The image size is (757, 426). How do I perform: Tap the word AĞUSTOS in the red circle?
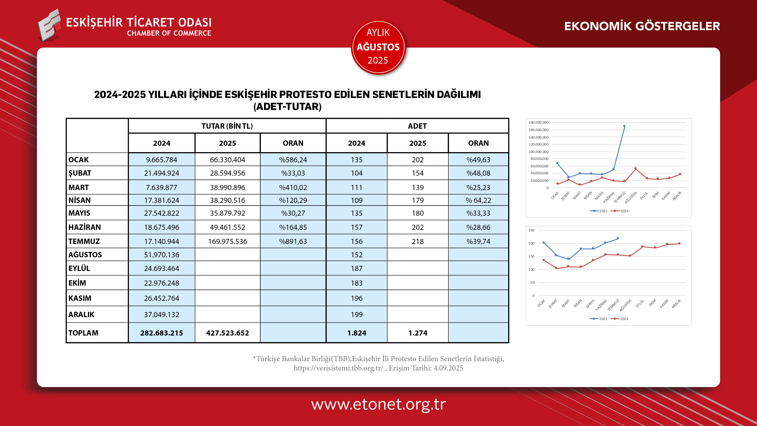[x=378, y=47]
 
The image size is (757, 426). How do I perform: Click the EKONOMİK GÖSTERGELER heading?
[x=642, y=26]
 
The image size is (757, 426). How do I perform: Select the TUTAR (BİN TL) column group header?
[x=227, y=126]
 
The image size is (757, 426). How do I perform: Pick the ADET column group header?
[x=417, y=126]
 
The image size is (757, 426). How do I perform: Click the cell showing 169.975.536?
[x=227, y=241]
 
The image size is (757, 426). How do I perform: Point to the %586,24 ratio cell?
[x=293, y=160]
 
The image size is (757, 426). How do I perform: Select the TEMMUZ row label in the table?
[x=84, y=241]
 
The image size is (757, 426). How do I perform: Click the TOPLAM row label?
[x=83, y=333]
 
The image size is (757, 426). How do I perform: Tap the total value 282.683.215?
[x=161, y=333]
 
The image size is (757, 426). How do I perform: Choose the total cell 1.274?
[x=418, y=333]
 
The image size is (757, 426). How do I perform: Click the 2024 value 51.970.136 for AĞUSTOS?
[x=161, y=255]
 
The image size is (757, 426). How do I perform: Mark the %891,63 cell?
[x=293, y=241]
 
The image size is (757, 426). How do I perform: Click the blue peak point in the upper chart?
[x=624, y=126]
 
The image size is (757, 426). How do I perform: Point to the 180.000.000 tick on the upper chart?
[x=538, y=123]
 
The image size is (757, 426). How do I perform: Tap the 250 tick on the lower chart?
[x=531, y=230]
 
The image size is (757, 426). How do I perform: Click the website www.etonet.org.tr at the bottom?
[x=378, y=404]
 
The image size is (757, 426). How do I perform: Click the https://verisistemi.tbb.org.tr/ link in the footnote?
[x=338, y=368]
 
